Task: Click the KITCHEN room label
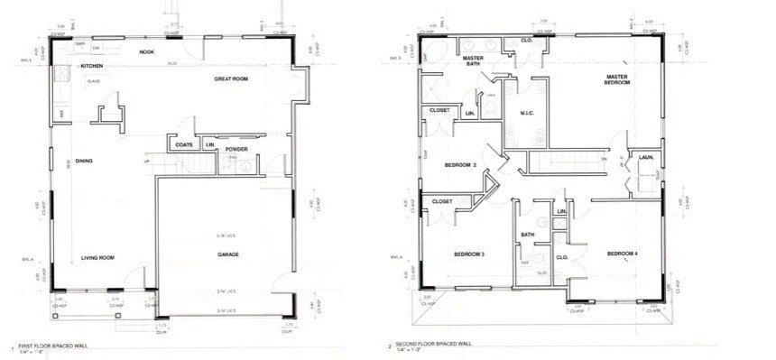(92, 67)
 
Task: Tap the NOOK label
(146, 52)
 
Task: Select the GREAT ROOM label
(230, 79)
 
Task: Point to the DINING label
(86, 162)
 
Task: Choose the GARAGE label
(228, 255)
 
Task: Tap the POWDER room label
(236, 150)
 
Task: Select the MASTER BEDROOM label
(617, 79)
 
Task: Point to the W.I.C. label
(529, 113)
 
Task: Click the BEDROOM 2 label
(461, 165)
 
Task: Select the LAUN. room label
(646, 156)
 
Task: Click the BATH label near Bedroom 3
(528, 235)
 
